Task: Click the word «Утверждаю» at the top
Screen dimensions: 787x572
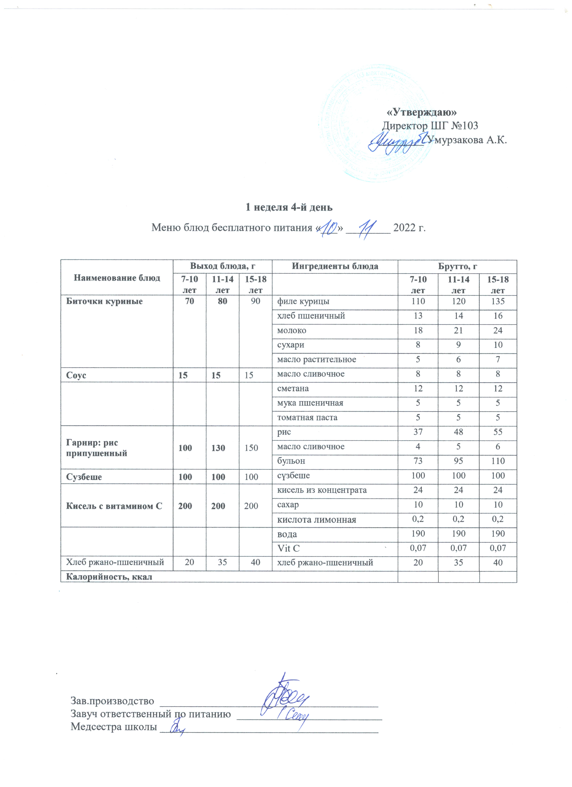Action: point(421,112)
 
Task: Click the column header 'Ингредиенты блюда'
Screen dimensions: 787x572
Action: point(335,266)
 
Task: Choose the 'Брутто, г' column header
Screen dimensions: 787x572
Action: point(457,266)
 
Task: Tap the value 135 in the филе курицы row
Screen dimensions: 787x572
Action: point(498,301)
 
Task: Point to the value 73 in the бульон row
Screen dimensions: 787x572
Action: point(418,461)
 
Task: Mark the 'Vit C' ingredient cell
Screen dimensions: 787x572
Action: point(288,548)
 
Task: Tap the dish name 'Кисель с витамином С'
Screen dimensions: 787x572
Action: point(114,506)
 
